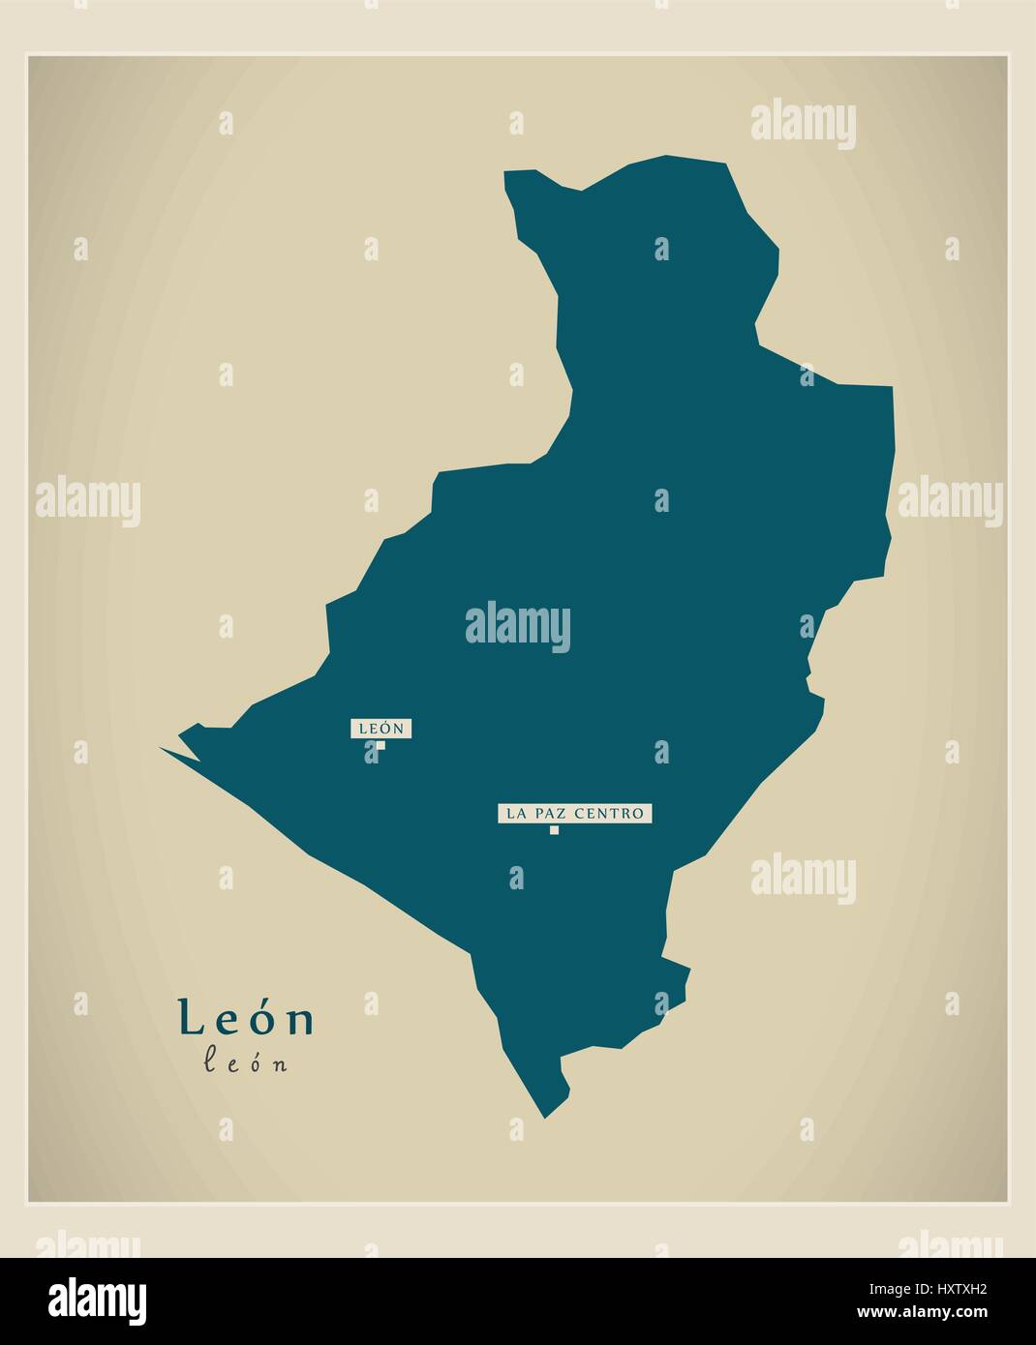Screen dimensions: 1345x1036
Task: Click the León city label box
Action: pos(381,728)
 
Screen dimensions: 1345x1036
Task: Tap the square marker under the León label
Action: pos(381,745)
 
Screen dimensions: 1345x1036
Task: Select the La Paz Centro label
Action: pos(575,813)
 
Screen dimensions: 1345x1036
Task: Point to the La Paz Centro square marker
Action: pos(554,829)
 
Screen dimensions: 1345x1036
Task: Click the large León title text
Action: pos(246,1018)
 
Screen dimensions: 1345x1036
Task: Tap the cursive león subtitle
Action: pos(246,1062)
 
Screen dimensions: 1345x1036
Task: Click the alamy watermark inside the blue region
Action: pos(518,625)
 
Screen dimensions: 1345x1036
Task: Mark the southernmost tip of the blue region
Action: pos(545,1118)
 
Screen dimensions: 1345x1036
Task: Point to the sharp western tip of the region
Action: pos(162,748)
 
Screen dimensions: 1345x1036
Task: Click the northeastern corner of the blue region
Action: pos(891,388)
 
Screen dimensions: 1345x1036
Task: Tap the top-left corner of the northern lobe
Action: pos(505,173)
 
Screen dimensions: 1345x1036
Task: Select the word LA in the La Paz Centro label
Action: pos(516,813)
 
